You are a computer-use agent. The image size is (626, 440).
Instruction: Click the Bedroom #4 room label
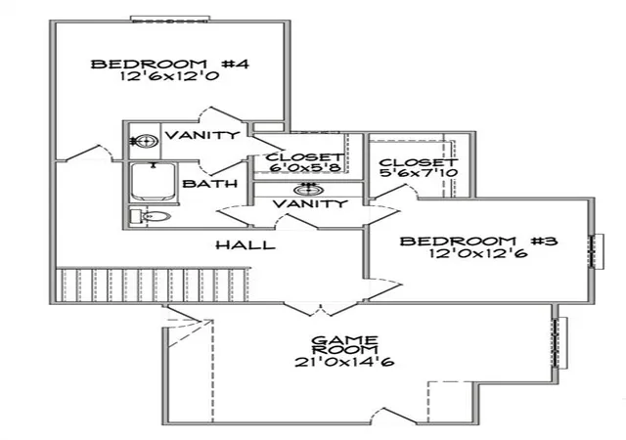pyautogui.click(x=169, y=64)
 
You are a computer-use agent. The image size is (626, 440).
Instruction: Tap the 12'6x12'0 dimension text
pyautogui.click(x=169, y=76)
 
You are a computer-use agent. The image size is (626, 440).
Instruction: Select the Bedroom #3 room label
pyautogui.click(x=478, y=242)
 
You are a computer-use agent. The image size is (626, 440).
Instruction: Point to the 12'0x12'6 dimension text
pyautogui.click(x=478, y=253)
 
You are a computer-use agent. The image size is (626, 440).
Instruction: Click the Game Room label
pyautogui.click(x=344, y=345)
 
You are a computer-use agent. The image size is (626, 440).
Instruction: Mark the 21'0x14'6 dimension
pyautogui.click(x=344, y=362)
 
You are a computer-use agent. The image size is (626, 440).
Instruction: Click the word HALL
pyautogui.click(x=246, y=244)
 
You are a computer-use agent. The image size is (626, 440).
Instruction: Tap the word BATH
pyautogui.click(x=210, y=184)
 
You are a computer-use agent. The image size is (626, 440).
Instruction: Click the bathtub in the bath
pyautogui.click(x=153, y=182)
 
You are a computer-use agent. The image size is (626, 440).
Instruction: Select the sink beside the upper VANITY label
pyautogui.click(x=145, y=141)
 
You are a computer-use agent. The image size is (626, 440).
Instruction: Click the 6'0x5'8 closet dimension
pyautogui.click(x=305, y=168)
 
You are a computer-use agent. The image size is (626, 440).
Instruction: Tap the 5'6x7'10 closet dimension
pyautogui.click(x=419, y=173)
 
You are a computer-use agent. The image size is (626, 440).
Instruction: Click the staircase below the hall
pyautogui.click(x=153, y=286)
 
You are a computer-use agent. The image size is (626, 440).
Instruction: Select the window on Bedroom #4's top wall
pyautogui.click(x=170, y=20)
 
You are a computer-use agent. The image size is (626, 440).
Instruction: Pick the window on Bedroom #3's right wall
pyautogui.click(x=597, y=251)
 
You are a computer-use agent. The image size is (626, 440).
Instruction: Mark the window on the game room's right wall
pyautogui.click(x=559, y=343)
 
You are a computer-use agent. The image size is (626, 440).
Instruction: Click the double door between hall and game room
pyautogui.click(x=321, y=307)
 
